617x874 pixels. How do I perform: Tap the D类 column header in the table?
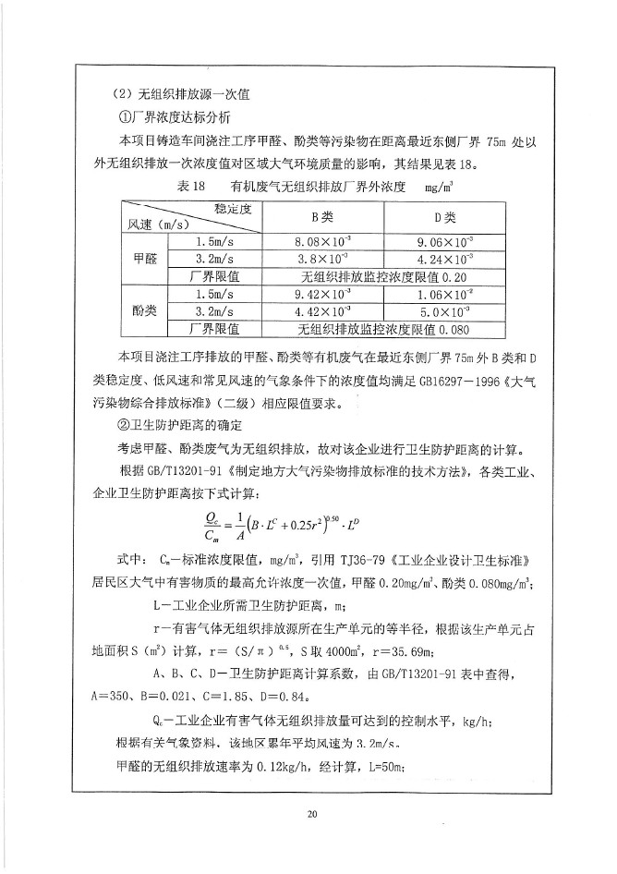(445, 218)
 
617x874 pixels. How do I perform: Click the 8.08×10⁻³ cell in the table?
(322, 242)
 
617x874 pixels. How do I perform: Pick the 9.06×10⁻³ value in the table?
(445, 242)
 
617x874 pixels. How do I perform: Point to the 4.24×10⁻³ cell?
(445, 259)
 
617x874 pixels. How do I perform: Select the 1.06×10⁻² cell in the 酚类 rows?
(445, 295)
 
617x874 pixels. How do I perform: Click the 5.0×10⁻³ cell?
(445, 311)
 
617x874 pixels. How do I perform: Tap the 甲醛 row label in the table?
(143, 259)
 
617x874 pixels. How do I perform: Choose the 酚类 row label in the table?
(143, 311)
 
